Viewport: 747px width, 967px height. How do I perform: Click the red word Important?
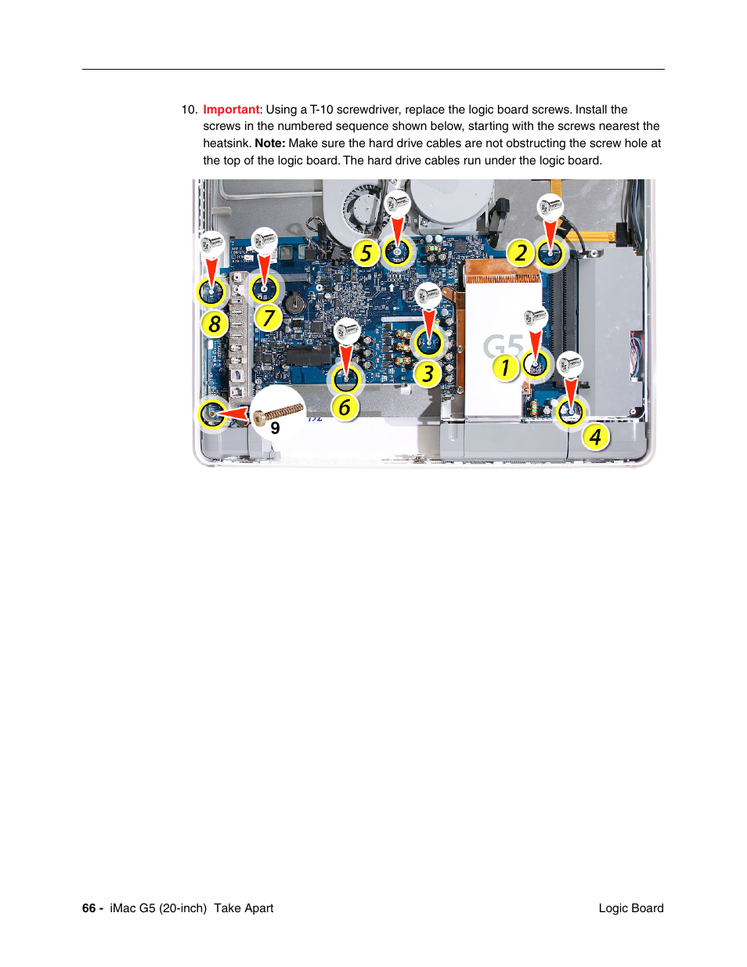click(x=231, y=110)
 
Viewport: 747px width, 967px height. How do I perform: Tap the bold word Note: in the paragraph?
click(x=269, y=143)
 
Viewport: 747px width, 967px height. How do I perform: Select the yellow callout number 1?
click(x=506, y=367)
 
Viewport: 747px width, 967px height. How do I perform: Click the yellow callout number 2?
click(x=521, y=253)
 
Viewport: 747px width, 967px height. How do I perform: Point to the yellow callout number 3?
click(x=428, y=374)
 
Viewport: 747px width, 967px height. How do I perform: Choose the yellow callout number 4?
click(x=595, y=437)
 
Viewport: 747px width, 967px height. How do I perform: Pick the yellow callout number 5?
click(x=366, y=254)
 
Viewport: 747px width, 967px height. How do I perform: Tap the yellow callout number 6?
click(x=345, y=407)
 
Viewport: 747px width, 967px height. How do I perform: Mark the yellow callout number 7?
click(x=269, y=318)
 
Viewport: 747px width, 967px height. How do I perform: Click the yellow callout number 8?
click(x=215, y=323)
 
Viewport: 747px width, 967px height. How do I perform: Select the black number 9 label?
click(x=275, y=428)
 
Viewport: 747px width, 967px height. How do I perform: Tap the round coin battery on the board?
click(x=294, y=302)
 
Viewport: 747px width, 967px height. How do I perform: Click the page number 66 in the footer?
click(x=88, y=908)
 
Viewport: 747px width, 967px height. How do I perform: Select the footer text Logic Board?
click(x=630, y=908)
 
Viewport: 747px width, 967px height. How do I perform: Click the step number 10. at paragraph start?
click(x=189, y=110)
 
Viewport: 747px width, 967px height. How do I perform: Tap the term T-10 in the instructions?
click(x=321, y=110)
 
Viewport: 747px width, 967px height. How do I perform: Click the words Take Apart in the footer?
click(x=244, y=908)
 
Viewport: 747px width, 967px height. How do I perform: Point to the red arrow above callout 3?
click(x=429, y=322)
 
